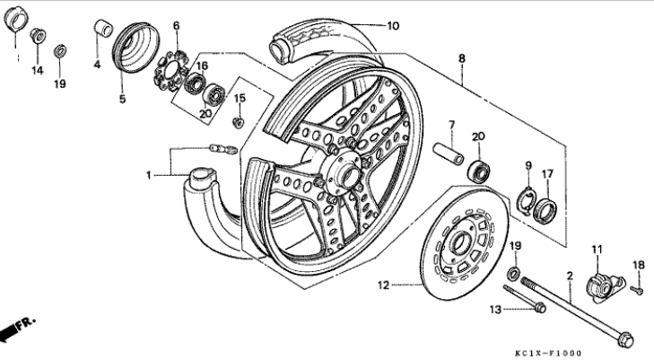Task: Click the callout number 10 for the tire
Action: [x=393, y=26]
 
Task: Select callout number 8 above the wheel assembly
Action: [x=462, y=58]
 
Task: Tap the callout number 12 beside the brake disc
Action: [x=383, y=285]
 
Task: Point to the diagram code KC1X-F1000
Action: [x=547, y=354]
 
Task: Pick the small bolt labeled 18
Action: [x=637, y=289]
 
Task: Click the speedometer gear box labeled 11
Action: [x=605, y=286]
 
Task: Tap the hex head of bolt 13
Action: [x=539, y=308]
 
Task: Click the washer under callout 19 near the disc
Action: [x=514, y=274]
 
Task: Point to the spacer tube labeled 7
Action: [x=449, y=154]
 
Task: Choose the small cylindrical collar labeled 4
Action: [x=102, y=28]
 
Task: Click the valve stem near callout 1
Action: [x=223, y=149]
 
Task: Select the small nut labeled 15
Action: [x=238, y=123]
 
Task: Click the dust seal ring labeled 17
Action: [x=545, y=211]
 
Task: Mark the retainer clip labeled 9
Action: [x=527, y=199]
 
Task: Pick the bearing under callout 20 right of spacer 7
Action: [x=478, y=170]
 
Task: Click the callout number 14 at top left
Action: [x=38, y=70]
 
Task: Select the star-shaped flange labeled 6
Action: [x=170, y=71]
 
